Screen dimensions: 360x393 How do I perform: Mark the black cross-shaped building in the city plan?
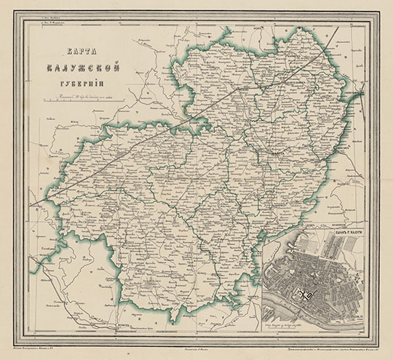tap(305, 292)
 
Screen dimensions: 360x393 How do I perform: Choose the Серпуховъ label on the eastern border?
tap(364, 95)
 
